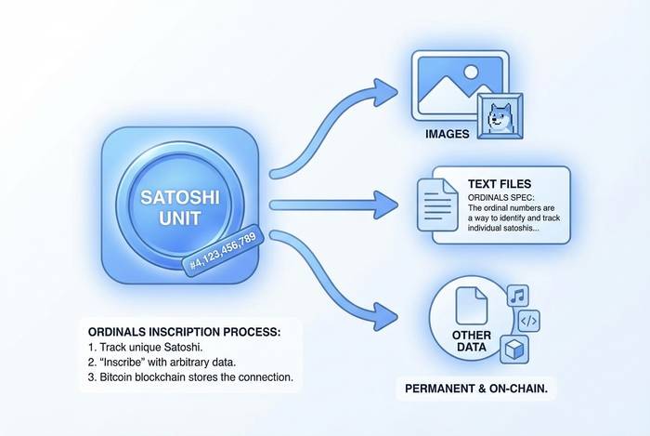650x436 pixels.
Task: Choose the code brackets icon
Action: pos(526,321)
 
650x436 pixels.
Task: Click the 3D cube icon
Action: pos(515,350)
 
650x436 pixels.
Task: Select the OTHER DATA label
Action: pos(472,340)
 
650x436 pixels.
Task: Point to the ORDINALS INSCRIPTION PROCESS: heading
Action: pos(183,331)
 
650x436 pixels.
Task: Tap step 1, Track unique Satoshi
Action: pos(146,347)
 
